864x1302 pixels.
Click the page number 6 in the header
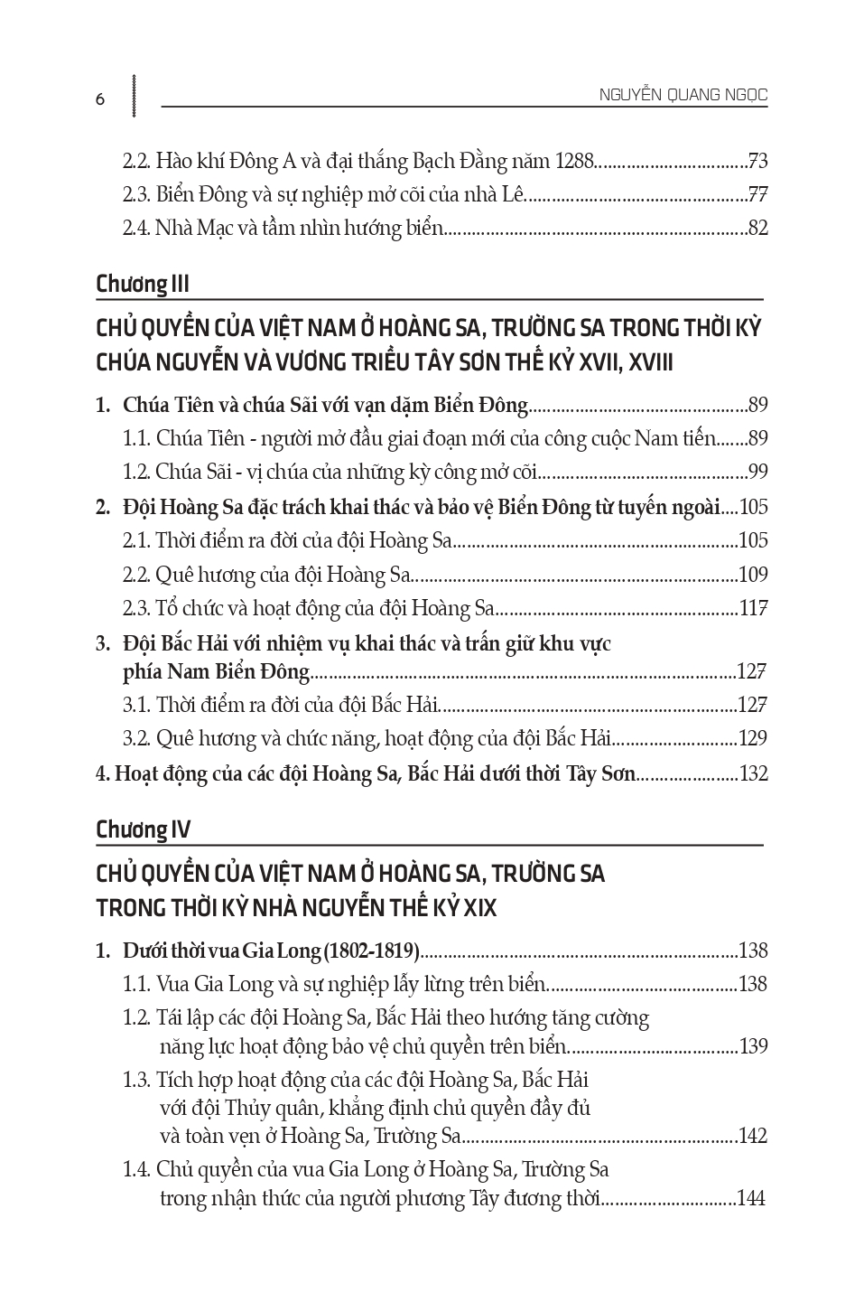100,99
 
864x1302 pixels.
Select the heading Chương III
143,284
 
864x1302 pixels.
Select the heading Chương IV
143,829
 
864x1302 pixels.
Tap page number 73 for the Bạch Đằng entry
757,162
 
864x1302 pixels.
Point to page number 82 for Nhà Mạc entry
757,228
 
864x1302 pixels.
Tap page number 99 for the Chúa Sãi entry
757,472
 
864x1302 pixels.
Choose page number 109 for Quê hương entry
753,574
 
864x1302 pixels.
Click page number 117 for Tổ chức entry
753,608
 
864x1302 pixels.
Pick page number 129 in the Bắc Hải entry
753,738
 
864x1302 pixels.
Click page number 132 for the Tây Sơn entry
753,773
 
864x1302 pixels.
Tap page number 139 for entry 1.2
753,1046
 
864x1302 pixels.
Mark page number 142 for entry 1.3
753,1136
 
